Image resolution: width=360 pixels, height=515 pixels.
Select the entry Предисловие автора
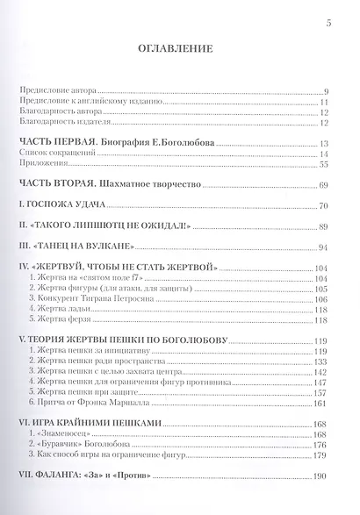pos(59,91)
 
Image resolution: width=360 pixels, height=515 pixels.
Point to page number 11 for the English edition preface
pos(324,102)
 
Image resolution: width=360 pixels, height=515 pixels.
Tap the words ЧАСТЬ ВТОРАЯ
pos(55,186)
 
